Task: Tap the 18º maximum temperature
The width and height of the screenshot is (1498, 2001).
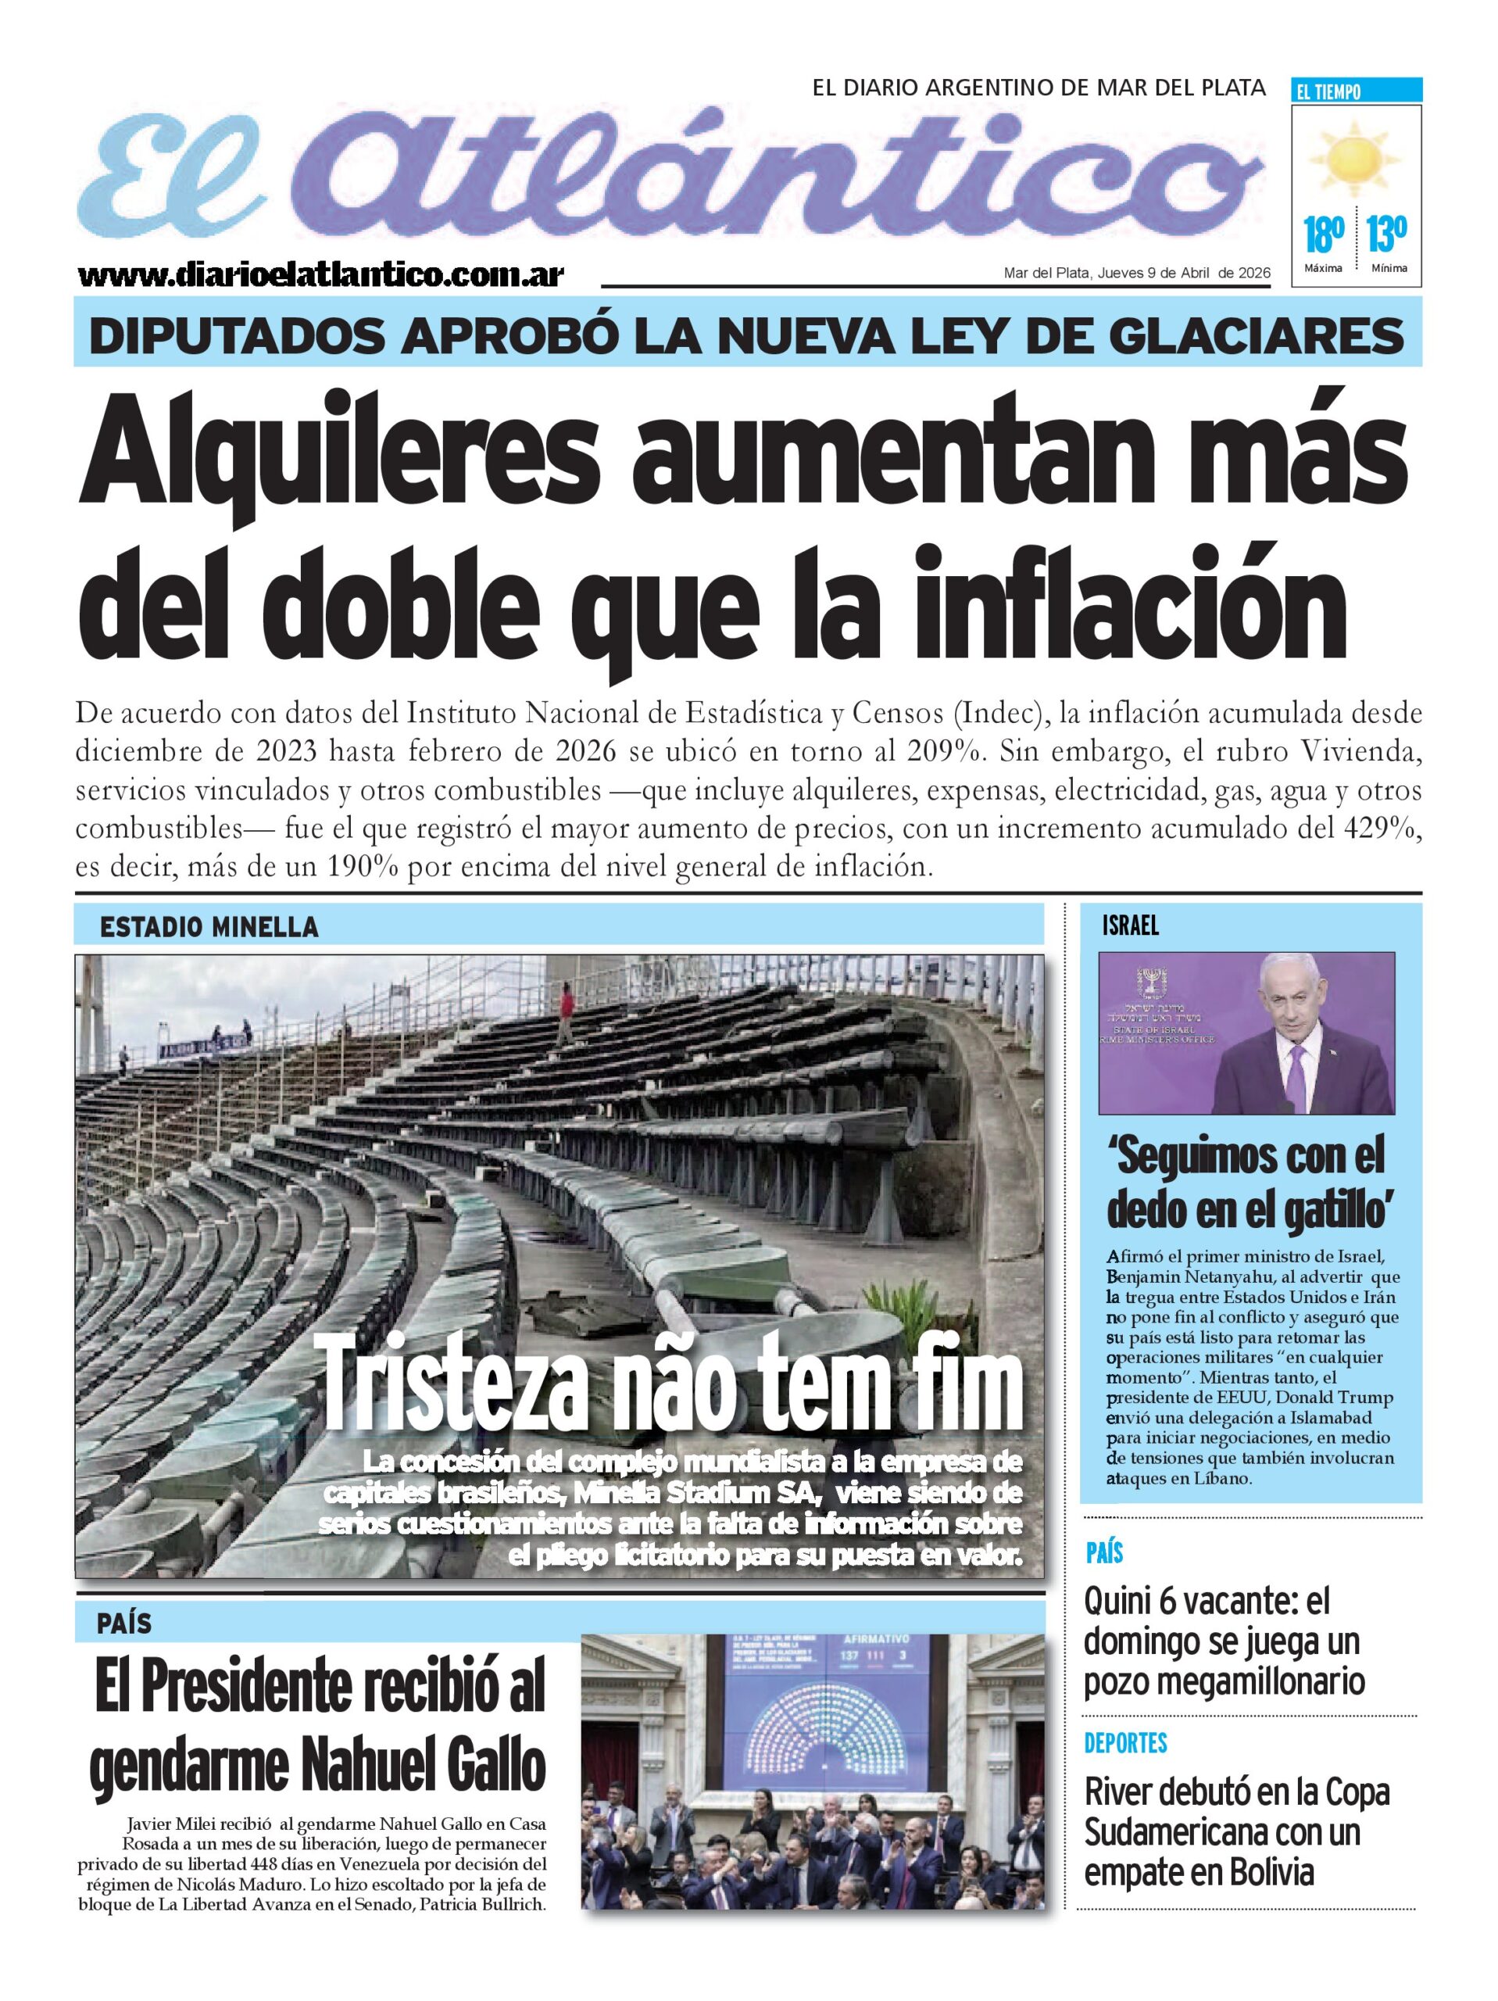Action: [1322, 235]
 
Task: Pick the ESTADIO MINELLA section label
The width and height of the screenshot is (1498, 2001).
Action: [209, 927]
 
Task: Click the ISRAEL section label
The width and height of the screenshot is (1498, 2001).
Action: [1130, 925]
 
